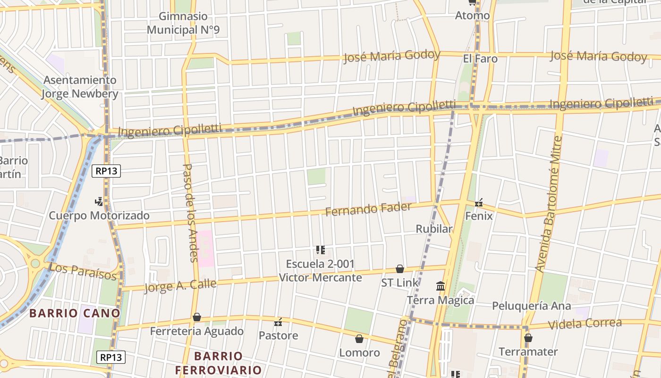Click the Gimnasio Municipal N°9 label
click(x=183, y=23)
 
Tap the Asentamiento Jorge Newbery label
click(x=80, y=87)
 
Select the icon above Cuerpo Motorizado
click(x=99, y=202)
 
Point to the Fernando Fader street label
click(x=368, y=208)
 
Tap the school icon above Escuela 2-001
click(x=321, y=250)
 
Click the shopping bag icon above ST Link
click(x=400, y=269)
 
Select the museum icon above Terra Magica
click(x=441, y=286)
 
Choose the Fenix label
click(x=479, y=216)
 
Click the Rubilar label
click(x=434, y=229)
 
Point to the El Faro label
click(x=480, y=59)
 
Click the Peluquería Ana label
click(x=532, y=306)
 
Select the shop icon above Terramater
click(x=528, y=338)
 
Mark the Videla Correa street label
click(x=585, y=324)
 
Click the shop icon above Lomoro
click(x=359, y=339)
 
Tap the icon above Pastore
click(x=278, y=322)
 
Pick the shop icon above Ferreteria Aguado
click(x=196, y=317)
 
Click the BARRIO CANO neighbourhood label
click(x=75, y=313)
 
